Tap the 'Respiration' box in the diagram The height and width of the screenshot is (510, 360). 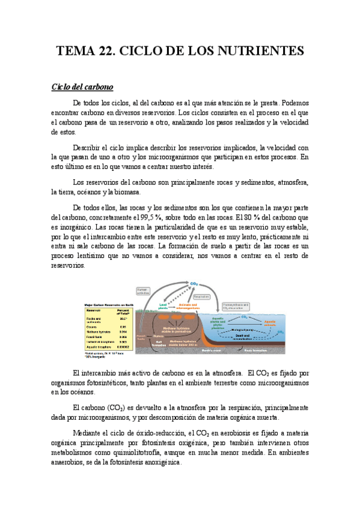pos(202,296)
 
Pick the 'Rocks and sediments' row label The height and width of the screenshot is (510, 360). pos(96,319)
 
